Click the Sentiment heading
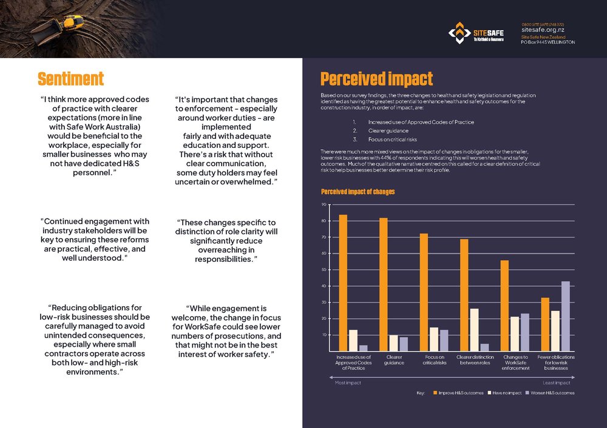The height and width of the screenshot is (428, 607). pyautogui.click(x=70, y=79)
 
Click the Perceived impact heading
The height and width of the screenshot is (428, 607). pyautogui.click(x=376, y=79)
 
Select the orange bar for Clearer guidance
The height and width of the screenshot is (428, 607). pyautogui.click(x=383, y=284)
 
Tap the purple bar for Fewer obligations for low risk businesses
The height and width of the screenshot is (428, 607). pyautogui.click(x=565, y=316)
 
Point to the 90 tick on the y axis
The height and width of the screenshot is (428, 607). pyautogui.click(x=324, y=205)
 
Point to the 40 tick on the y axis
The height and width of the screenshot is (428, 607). pyautogui.click(x=324, y=286)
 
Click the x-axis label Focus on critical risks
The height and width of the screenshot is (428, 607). pyautogui.click(x=434, y=359)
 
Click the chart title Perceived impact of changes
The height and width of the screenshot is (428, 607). pyautogui.click(x=358, y=192)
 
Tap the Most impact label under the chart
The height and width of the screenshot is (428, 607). pyautogui.click(x=348, y=383)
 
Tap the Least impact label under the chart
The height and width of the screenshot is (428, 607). pyautogui.click(x=555, y=383)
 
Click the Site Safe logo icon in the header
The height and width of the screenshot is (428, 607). pyautogui.click(x=459, y=33)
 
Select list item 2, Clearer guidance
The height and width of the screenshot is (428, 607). pyautogui.click(x=379, y=130)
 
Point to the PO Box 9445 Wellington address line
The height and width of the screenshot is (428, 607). pyautogui.click(x=548, y=42)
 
